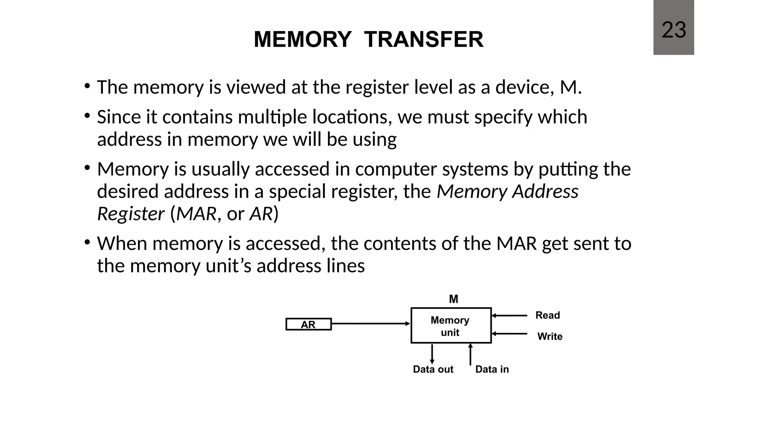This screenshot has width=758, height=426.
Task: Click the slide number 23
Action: coord(673,30)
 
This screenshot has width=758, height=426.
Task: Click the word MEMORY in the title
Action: coord(302,40)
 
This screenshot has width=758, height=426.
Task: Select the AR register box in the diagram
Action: coord(308,324)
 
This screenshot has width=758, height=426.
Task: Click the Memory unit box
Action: coord(450,326)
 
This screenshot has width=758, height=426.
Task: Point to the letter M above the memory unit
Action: coord(453,299)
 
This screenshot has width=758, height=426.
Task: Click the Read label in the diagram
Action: coord(547,315)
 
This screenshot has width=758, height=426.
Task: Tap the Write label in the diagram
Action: coord(550,337)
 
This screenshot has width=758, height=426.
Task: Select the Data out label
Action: coord(433,369)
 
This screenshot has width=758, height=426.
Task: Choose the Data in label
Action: coord(492,369)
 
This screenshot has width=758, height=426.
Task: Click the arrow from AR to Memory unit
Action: coord(370,324)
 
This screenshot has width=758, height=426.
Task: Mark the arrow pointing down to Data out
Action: coord(432,354)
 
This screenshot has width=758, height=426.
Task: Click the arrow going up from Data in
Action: coord(470,354)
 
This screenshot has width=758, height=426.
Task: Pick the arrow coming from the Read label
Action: coord(509,315)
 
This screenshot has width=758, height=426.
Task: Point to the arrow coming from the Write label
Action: coord(509,334)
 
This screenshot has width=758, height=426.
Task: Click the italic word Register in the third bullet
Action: coord(130,214)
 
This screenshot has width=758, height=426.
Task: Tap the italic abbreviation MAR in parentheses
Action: coord(196,214)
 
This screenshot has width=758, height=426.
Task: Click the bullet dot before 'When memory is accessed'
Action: coord(87,243)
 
